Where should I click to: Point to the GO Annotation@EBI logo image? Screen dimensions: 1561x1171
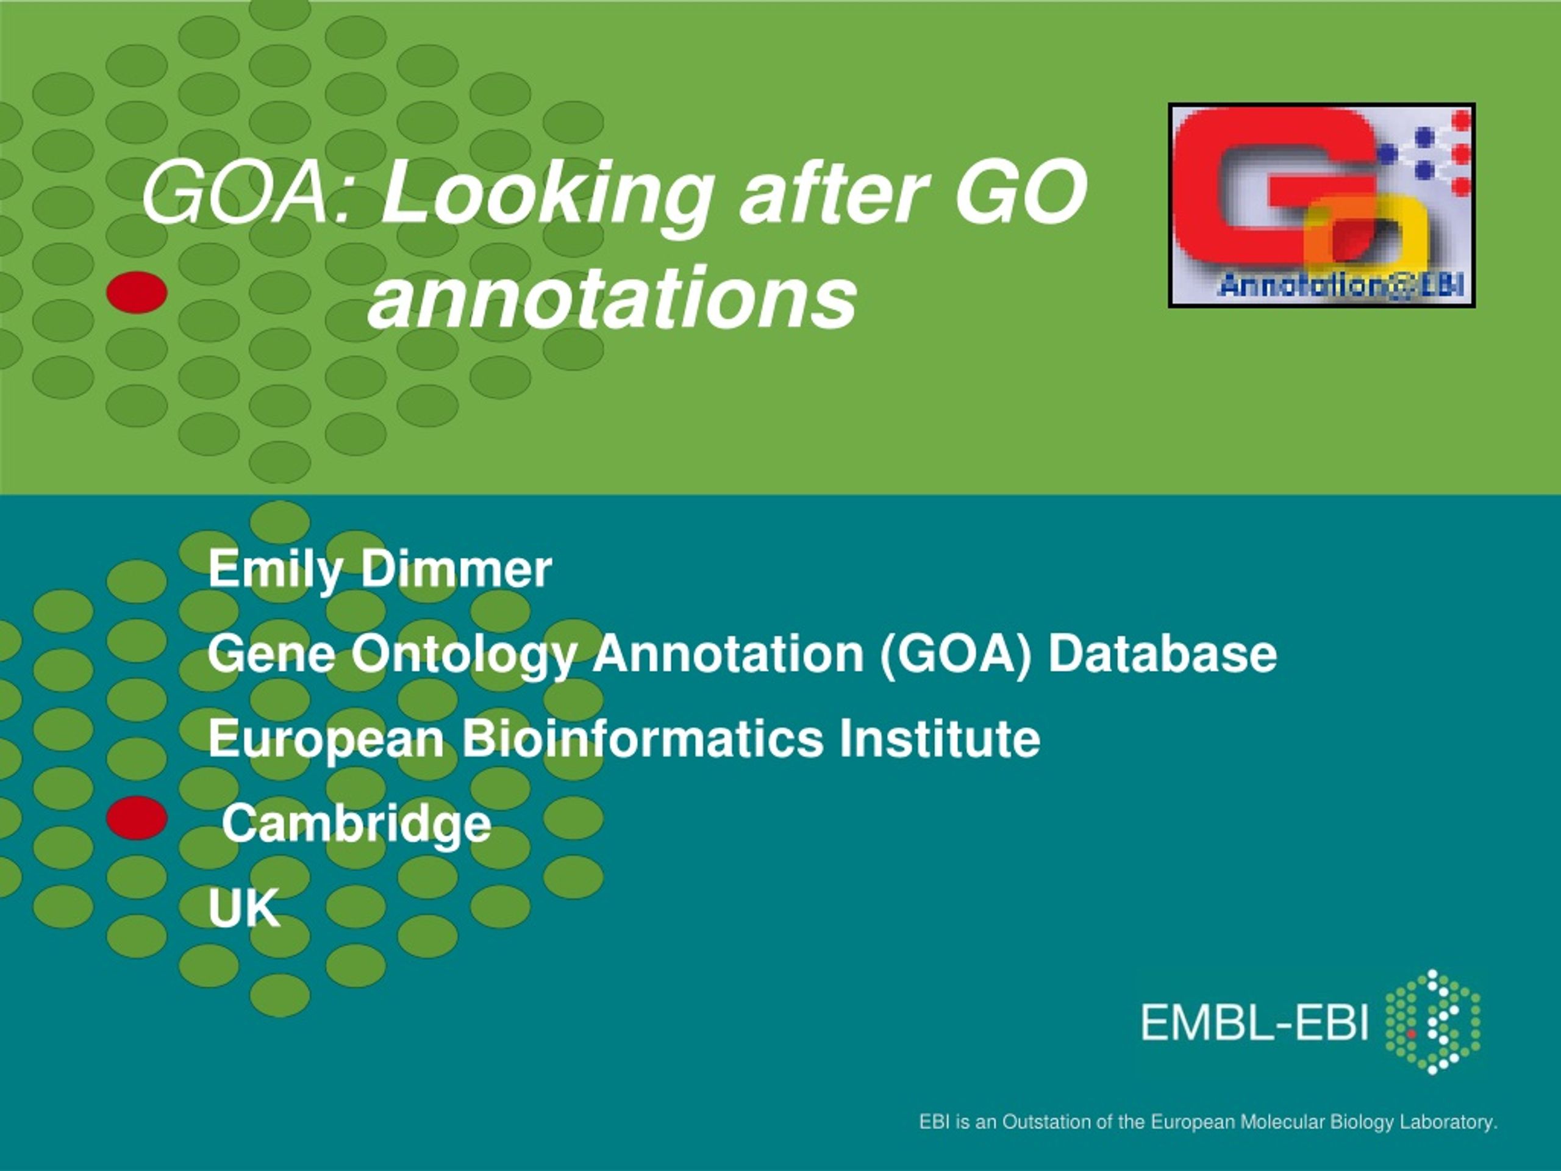pos(1322,206)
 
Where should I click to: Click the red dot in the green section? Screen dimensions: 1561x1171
pos(137,292)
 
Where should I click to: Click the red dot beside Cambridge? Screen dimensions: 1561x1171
pos(137,818)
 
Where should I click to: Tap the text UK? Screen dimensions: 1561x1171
pos(244,908)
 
